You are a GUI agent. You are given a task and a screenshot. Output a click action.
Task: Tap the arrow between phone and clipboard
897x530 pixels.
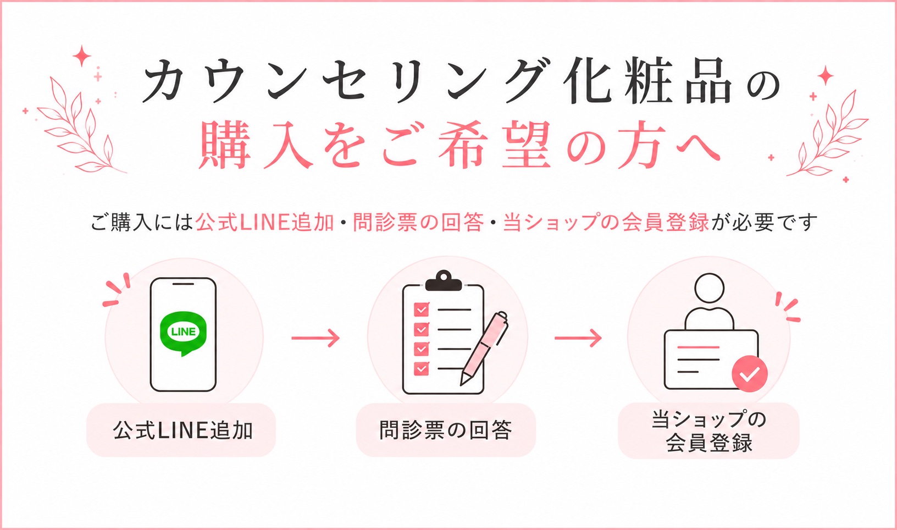click(315, 338)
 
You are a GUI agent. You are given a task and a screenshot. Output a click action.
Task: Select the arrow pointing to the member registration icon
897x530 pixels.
click(578, 338)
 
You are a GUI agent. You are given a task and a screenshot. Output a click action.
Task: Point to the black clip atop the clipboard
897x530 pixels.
click(444, 280)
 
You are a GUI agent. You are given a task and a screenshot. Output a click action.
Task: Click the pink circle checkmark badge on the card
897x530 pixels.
click(750, 374)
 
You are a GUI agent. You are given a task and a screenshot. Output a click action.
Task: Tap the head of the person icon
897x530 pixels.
click(710, 289)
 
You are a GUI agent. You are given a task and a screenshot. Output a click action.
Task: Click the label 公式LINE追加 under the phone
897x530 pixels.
click(182, 430)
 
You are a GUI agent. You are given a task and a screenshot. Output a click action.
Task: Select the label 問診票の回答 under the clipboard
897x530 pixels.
click(445, 430)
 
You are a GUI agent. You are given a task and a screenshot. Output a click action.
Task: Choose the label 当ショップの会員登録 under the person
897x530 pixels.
click(709, 431)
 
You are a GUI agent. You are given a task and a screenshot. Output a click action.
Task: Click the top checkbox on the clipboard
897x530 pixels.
click(421, 310)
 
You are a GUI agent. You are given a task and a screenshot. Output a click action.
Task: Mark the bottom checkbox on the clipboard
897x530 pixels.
click(421, 368)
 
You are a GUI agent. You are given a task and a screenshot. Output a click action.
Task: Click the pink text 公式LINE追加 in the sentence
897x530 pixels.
click(265, 222)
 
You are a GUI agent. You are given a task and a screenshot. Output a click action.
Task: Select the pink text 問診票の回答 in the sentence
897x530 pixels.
click(418, 222)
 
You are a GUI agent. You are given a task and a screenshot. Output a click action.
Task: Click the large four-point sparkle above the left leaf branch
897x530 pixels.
click(82, 56)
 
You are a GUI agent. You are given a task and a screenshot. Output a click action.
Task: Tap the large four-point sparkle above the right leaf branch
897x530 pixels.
click(826, 75)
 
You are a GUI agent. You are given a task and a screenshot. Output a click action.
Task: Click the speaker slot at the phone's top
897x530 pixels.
click(183, 284)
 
